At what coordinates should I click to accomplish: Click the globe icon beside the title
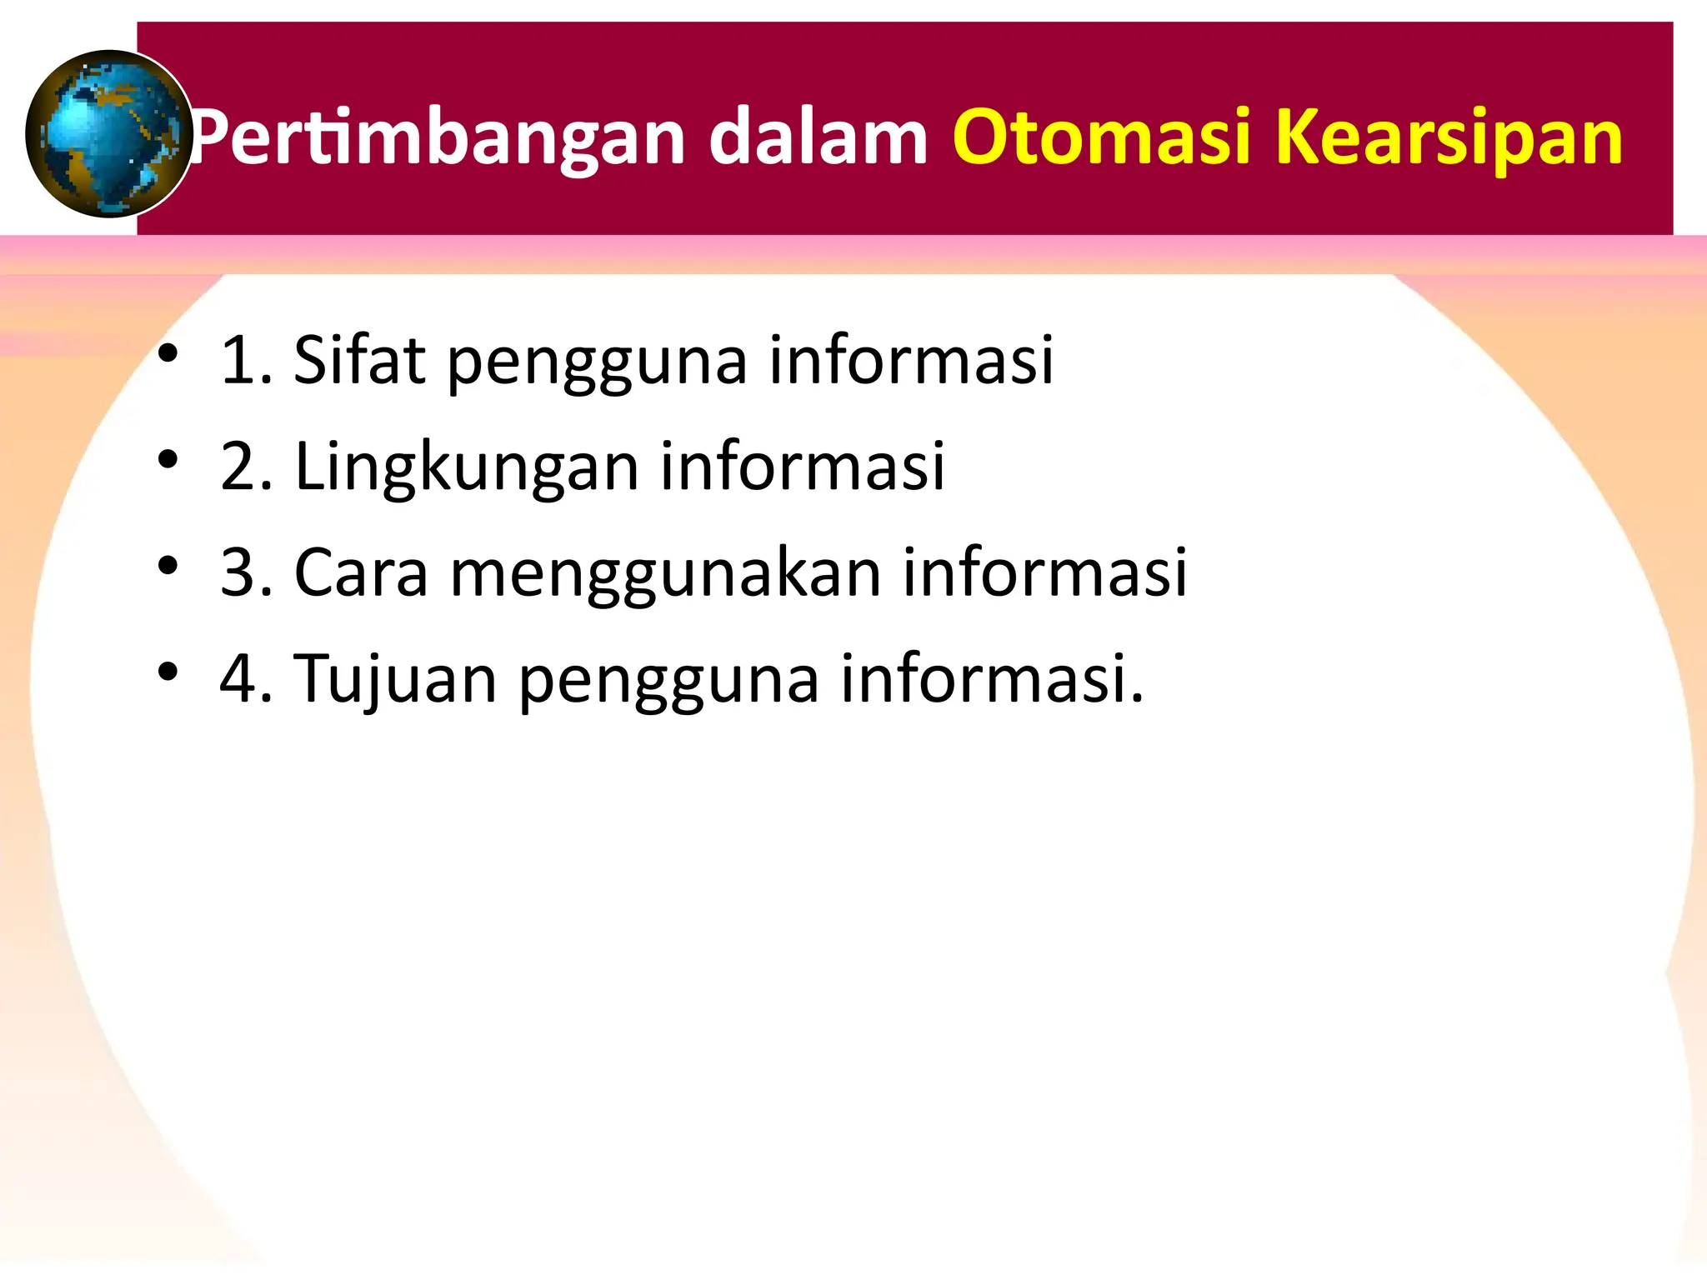pyautogui.click(x=108, y=133)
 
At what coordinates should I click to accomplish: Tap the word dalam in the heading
pyautogui.click(x=818, y=137)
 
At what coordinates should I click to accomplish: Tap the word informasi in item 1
pyautogui.click(x=911, y=360)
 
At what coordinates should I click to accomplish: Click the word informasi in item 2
pyautogui.click(x=803, y=467)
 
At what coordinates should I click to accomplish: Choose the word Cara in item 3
pyautogui.click(x=361, y=573)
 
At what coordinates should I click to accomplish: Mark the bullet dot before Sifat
pyautogui.click(x=168, y=353)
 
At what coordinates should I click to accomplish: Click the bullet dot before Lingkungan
pyautogui.click(x=168, y=459)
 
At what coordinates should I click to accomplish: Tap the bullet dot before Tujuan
pyautogui.click(x=168, y=671)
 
